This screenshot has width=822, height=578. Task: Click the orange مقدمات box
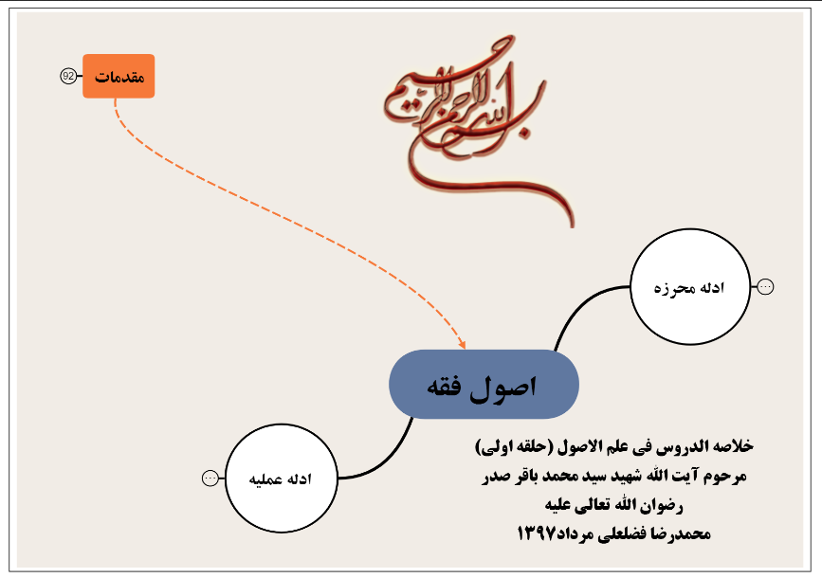point(119,76)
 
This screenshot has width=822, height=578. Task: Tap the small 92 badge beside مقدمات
point(68,76)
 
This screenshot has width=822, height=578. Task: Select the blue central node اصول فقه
point(484,384)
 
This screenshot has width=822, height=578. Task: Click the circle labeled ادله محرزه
point(690,287)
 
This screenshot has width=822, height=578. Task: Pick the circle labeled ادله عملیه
point(280,479)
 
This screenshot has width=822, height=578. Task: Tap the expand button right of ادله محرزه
point(766,287)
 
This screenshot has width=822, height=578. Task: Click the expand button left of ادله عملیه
point(210,479)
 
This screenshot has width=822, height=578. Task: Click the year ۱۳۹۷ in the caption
point(539,534)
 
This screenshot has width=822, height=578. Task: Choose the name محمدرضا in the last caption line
point(677,534)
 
